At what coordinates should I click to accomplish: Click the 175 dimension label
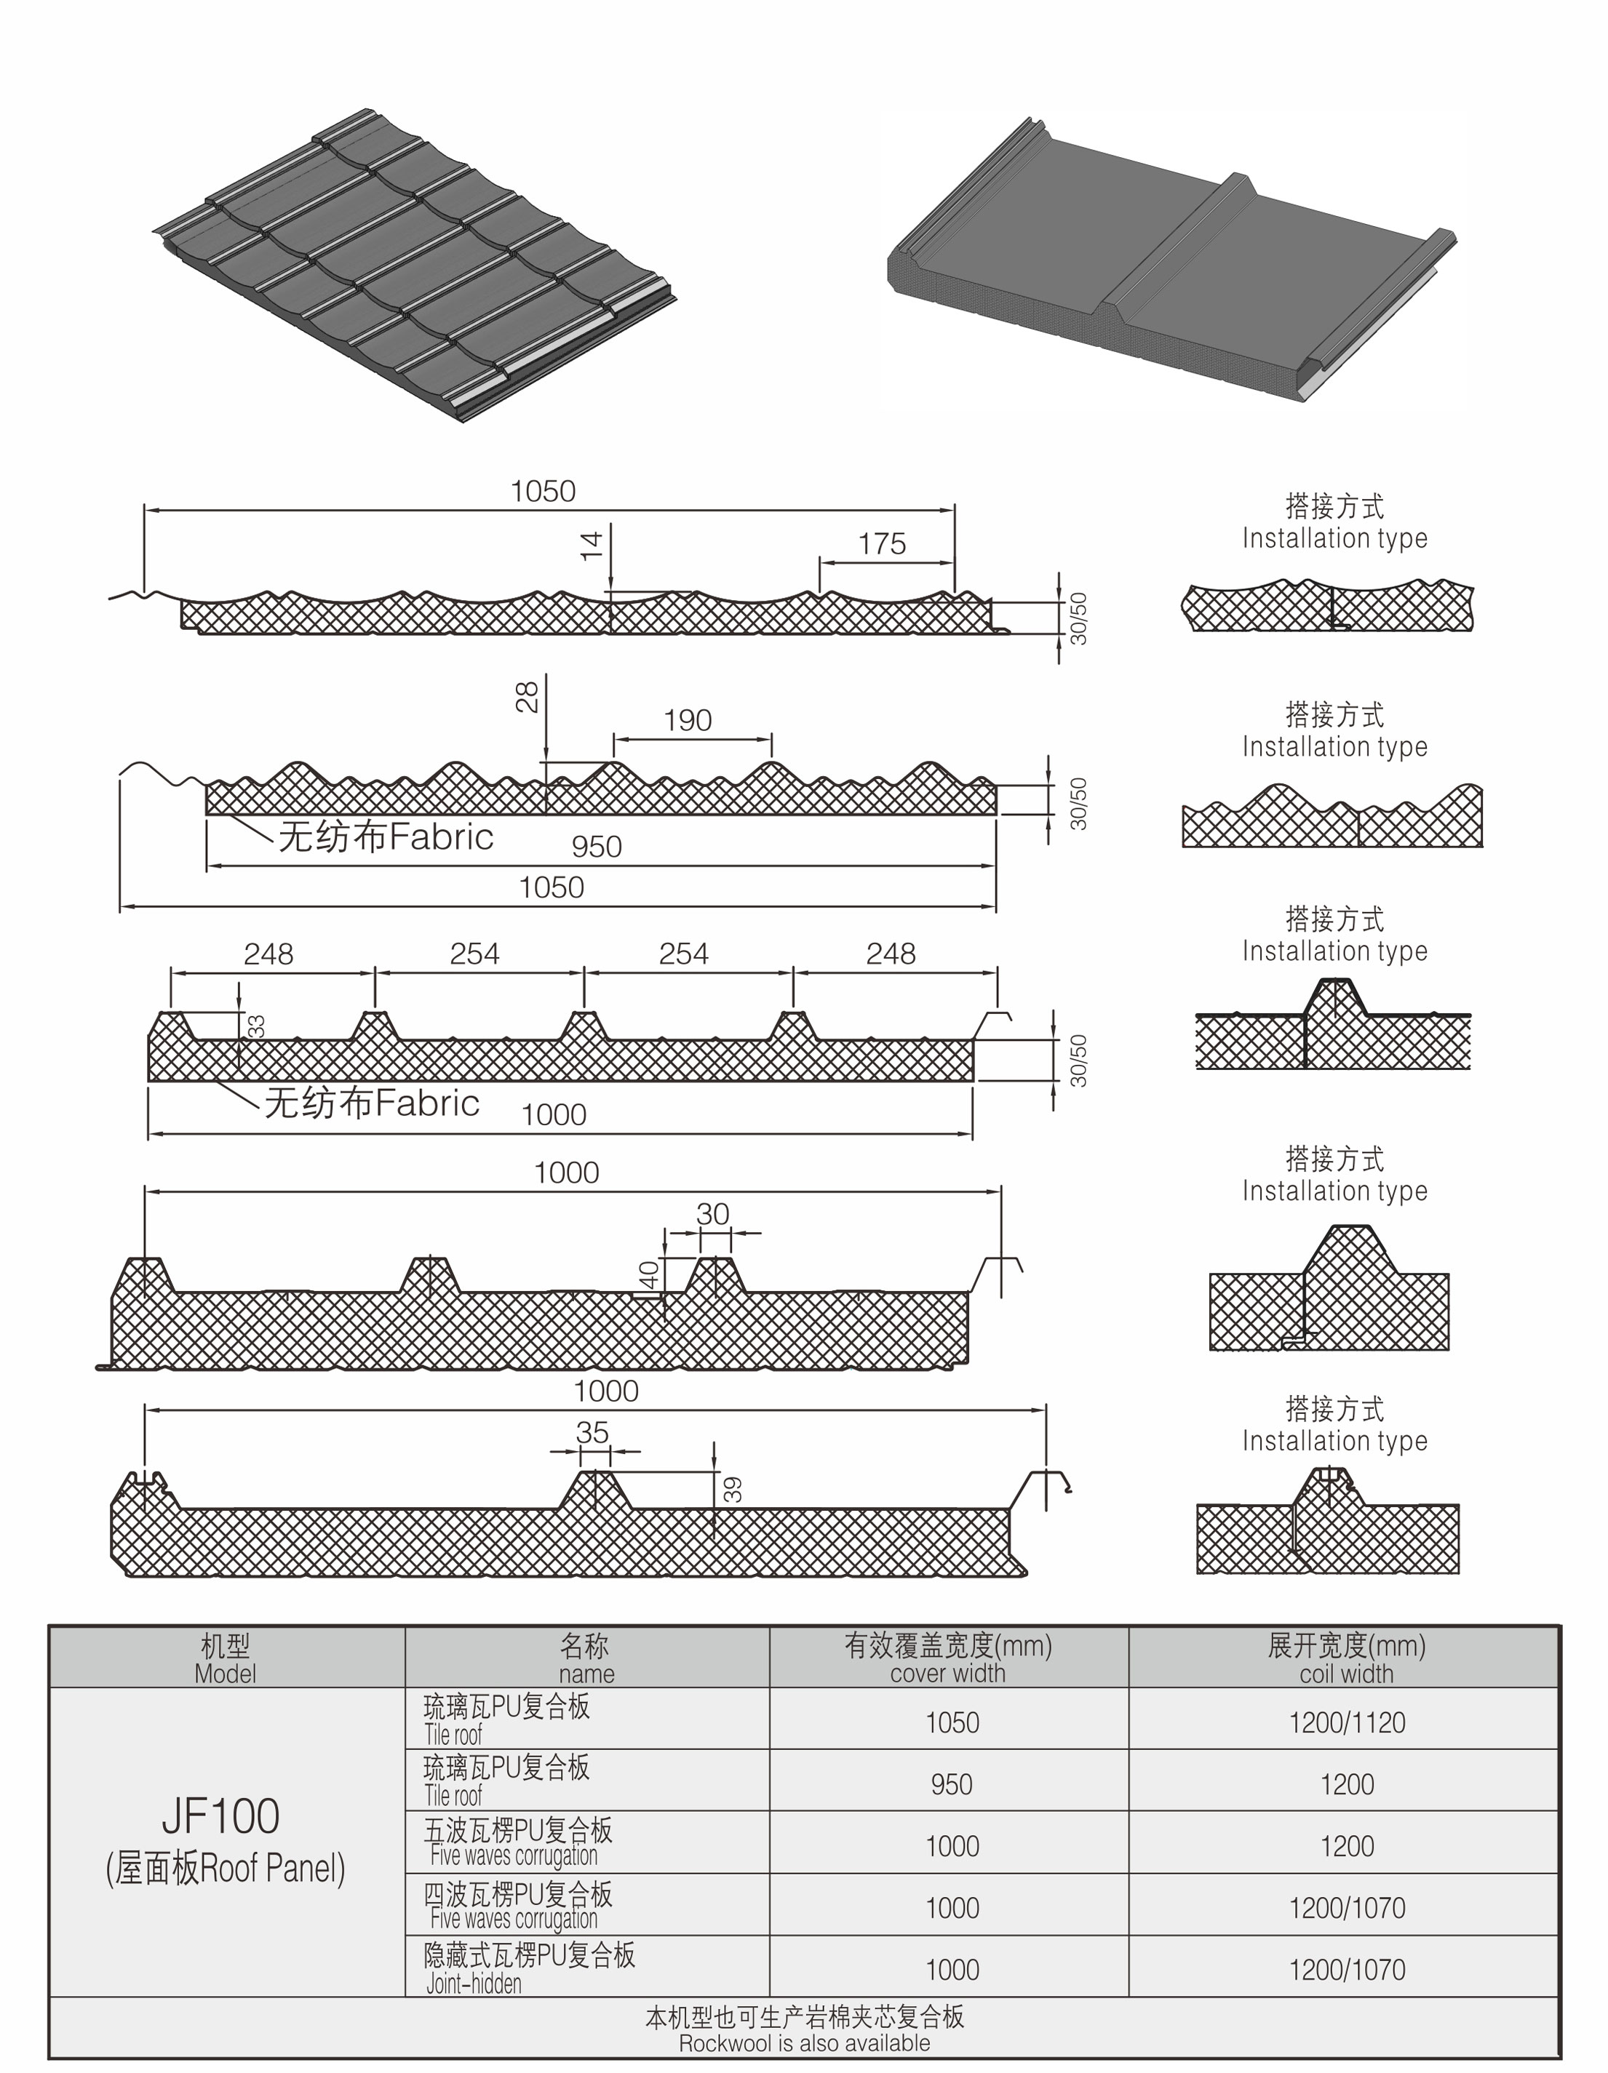[882, 544]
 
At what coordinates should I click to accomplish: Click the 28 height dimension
[527, 697]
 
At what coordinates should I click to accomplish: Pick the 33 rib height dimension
[255, 1026]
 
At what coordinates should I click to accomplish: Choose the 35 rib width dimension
[592, 1432]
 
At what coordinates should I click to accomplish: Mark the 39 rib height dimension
[732, 1489]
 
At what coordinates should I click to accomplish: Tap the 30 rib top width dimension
[713, 1214]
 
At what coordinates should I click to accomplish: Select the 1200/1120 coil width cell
[1347, 1722]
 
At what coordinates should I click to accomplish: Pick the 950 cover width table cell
[951, 1784]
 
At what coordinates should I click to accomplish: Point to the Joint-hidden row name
[474, 1984]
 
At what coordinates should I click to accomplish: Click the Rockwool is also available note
[804, 2042]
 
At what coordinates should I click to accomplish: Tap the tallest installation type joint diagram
[1329, 1288]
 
